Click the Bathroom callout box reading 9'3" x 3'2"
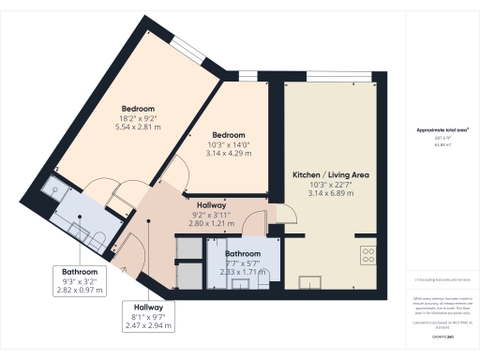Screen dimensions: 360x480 80,279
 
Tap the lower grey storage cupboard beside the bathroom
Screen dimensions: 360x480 189,274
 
